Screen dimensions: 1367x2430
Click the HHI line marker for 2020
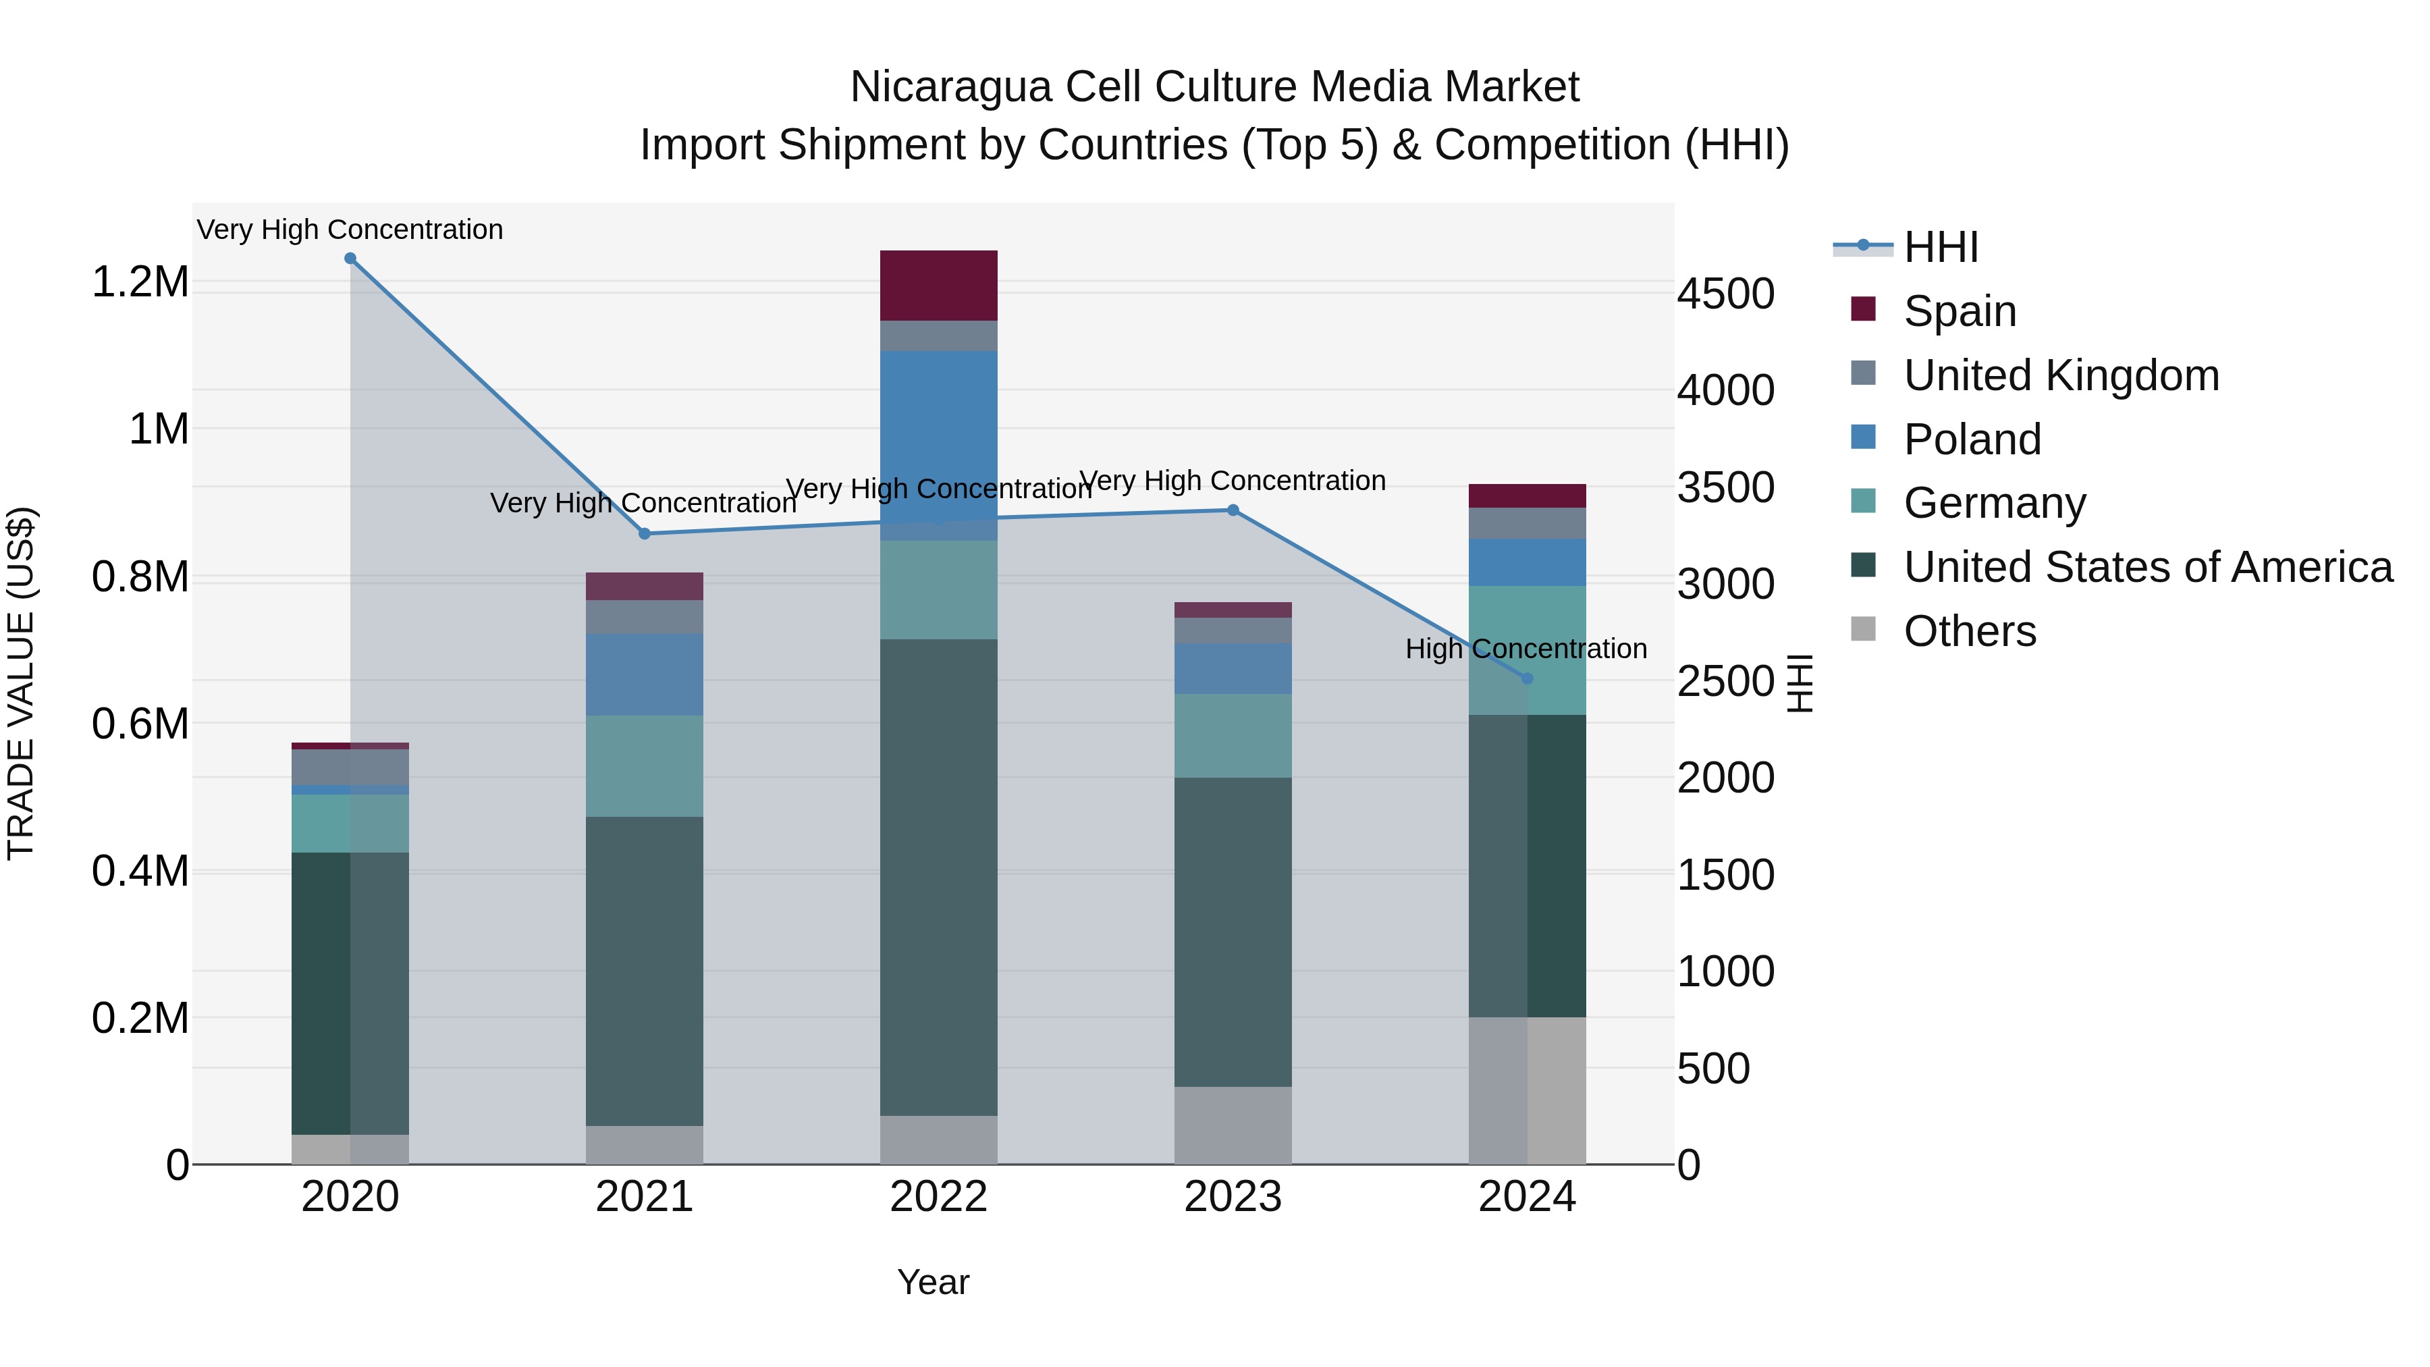tap(350, 259)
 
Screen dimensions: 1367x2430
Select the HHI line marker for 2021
tap(645, 534)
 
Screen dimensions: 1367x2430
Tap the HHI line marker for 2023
tap(1233, 510)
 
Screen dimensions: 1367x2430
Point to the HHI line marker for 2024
tap(1528, 678)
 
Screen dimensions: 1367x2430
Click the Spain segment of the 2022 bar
tap(939, 286)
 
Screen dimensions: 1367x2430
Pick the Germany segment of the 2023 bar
tap(1233, 736)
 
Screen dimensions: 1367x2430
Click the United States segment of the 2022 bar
tap(939, 878)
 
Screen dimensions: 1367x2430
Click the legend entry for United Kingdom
tap(2061, 375)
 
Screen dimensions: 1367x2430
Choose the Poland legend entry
tap(1972, 439)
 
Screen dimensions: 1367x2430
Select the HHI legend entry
tap(1941, 247)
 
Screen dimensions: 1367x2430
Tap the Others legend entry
tap(1969, 631)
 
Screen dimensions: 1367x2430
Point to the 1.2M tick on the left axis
tap(140, 282)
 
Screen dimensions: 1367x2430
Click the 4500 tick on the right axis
tap(1725, 294)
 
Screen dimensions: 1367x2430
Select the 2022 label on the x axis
tap(939, 1197)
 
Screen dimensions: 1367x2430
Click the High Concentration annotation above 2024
tap(1525, 649)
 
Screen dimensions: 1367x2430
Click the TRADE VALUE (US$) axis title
tap(21, 683)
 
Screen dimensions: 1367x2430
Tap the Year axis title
tap(933, 1282)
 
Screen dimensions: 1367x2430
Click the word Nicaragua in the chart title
tap(950, 87)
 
